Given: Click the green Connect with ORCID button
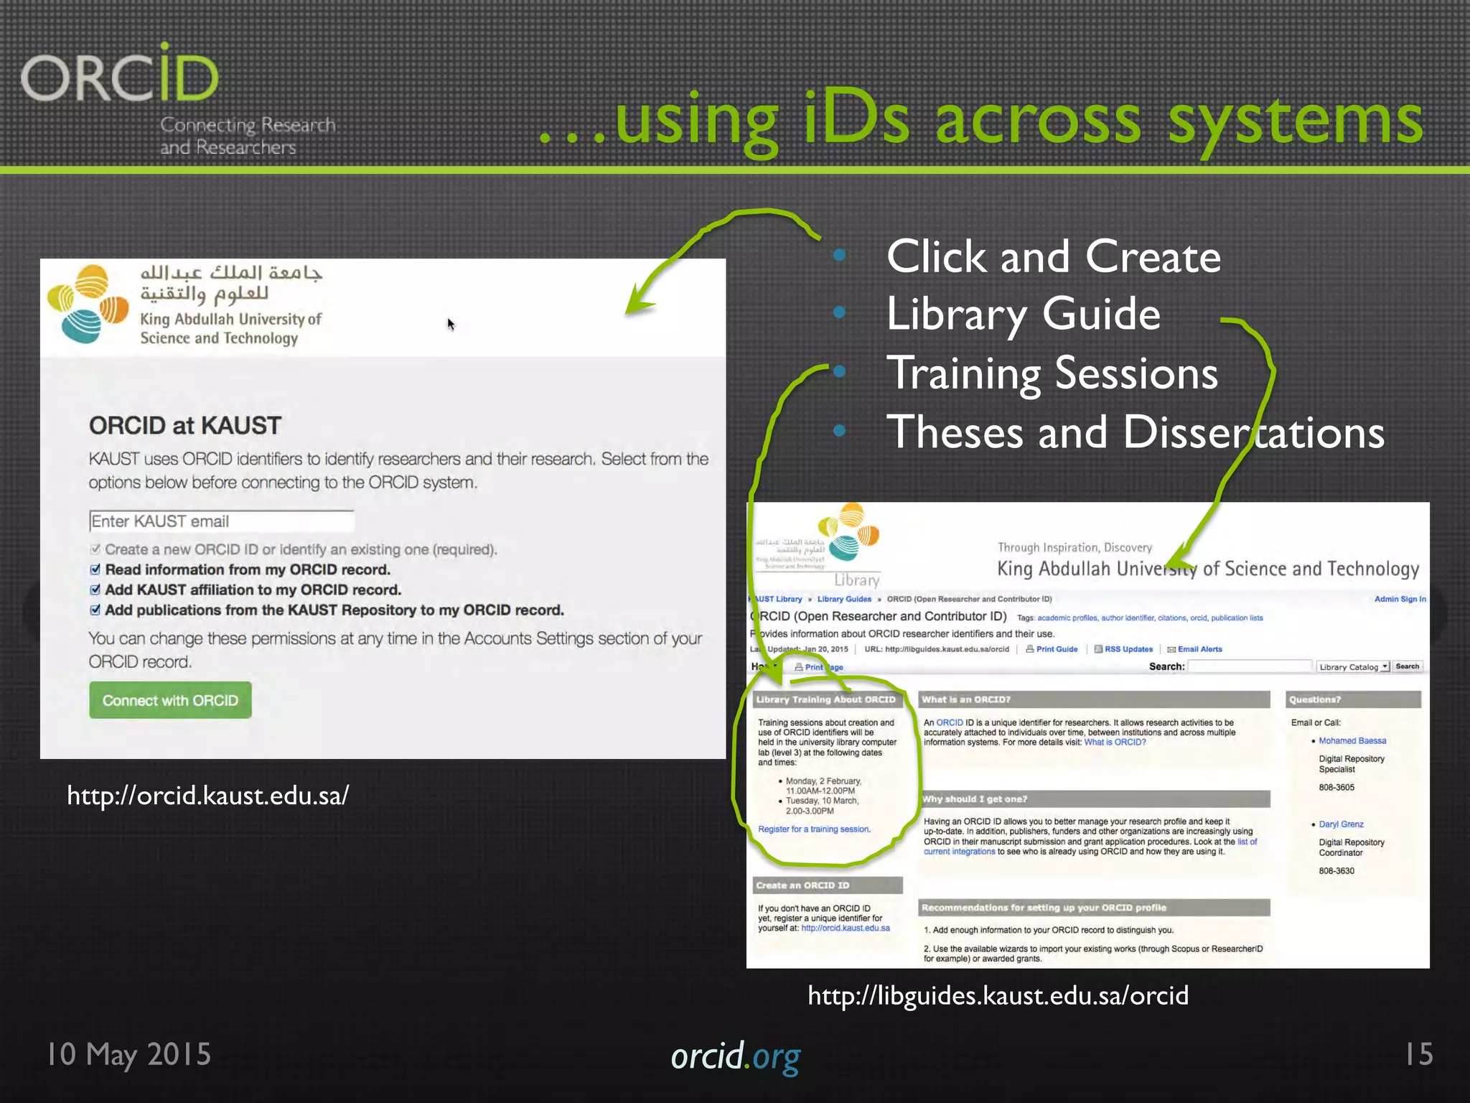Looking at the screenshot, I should click(170, 700).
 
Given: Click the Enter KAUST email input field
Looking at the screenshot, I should click(221, 521).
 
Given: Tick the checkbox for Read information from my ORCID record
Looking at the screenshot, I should click(95, 569).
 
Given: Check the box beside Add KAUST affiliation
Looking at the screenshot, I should click(95, 590).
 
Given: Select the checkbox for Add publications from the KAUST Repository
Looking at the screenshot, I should click(95, 610).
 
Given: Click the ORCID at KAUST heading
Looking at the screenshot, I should click(185, 426).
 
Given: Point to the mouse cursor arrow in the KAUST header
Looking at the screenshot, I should click(450, 324).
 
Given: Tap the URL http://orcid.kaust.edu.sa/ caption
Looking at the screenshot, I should click(207, 796).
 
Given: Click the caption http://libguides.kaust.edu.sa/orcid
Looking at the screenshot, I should click(998, 995).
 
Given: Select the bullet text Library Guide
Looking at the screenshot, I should click(1023, 315).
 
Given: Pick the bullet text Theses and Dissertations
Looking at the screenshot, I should click(1135, 432).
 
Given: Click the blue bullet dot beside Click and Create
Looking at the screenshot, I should click(839, 255).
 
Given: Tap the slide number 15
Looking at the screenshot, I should click(1418, 1054).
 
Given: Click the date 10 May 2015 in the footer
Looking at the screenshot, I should click(129, 1054).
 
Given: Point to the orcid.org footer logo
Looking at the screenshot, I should click(735, 1057).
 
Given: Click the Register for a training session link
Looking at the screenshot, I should click(814, 829).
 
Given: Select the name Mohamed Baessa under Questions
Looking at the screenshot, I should click(1352, 741).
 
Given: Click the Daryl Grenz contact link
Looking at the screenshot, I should click(1341, 824).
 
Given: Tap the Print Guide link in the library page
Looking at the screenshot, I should click(1056, 649).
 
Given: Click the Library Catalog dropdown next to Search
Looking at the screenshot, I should click(1353, 667).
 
